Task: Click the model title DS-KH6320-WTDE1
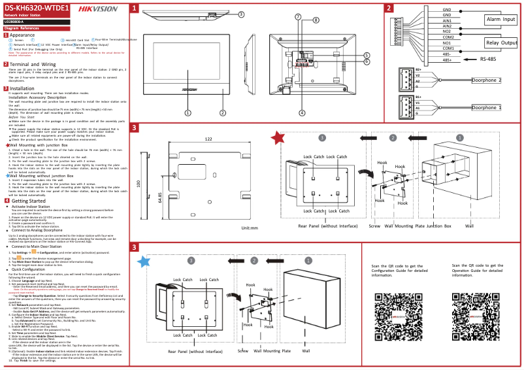(x=37, y=7)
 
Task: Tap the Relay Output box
(x=500, y=42)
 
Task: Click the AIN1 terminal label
(x=447, y=20)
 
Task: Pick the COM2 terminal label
(x=448, y=37)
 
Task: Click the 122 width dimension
(x=208, y=139)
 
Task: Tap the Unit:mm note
(x=250, y=228)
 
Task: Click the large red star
(x=278, y=137)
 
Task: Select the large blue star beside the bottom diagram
(x=143, y=261)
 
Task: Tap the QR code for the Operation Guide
(x=478, y=309)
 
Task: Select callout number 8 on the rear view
(x=316, y=20)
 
